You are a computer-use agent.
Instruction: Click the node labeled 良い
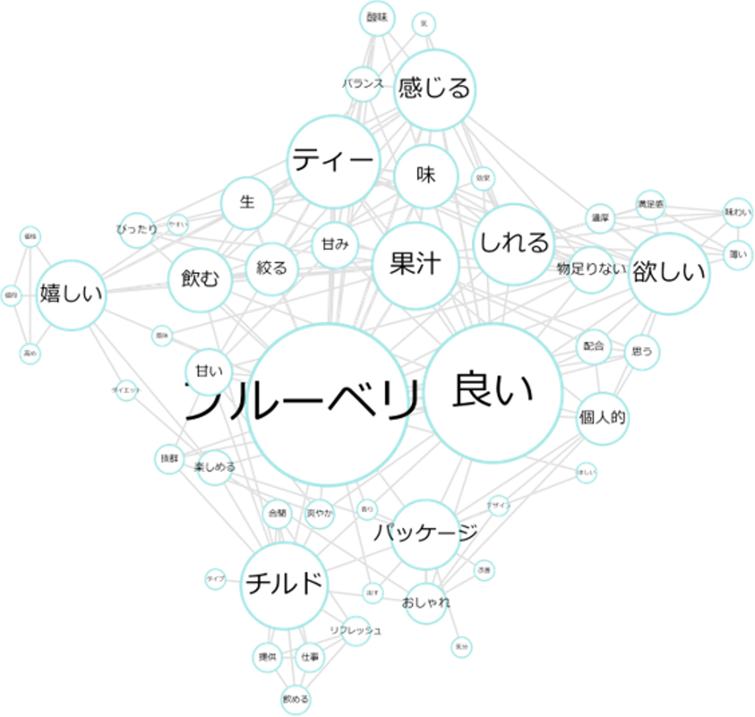tap(493, 393)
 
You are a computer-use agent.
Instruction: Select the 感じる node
tap(435, 88)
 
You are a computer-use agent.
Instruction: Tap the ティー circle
tap(333, 161)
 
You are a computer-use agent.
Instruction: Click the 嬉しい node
tap(71, 294)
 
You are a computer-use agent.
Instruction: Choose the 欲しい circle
tap(670, 273)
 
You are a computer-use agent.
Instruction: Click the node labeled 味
tap(427, 175)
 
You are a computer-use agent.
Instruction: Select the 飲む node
tap(199, 279)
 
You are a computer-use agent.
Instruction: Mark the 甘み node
tap(335, 245)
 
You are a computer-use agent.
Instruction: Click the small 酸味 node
tap(377, 18)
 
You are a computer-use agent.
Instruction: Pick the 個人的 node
tap(602, 418)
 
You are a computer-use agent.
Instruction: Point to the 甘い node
tap(209, 371)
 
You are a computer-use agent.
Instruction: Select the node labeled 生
tap(247, 202)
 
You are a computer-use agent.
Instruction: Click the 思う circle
tap(642, 351)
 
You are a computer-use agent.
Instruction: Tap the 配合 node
tap(594, 346)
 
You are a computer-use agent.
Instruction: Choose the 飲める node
tap(296, 699)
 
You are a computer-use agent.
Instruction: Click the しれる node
tap(514, 242)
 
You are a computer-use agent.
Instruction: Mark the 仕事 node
tap(310, 657)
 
